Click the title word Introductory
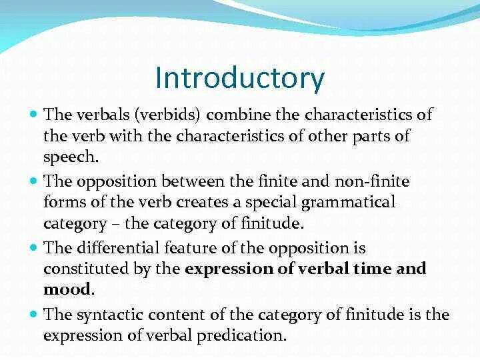(x=239, y=78)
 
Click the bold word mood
(x=67, y=291)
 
